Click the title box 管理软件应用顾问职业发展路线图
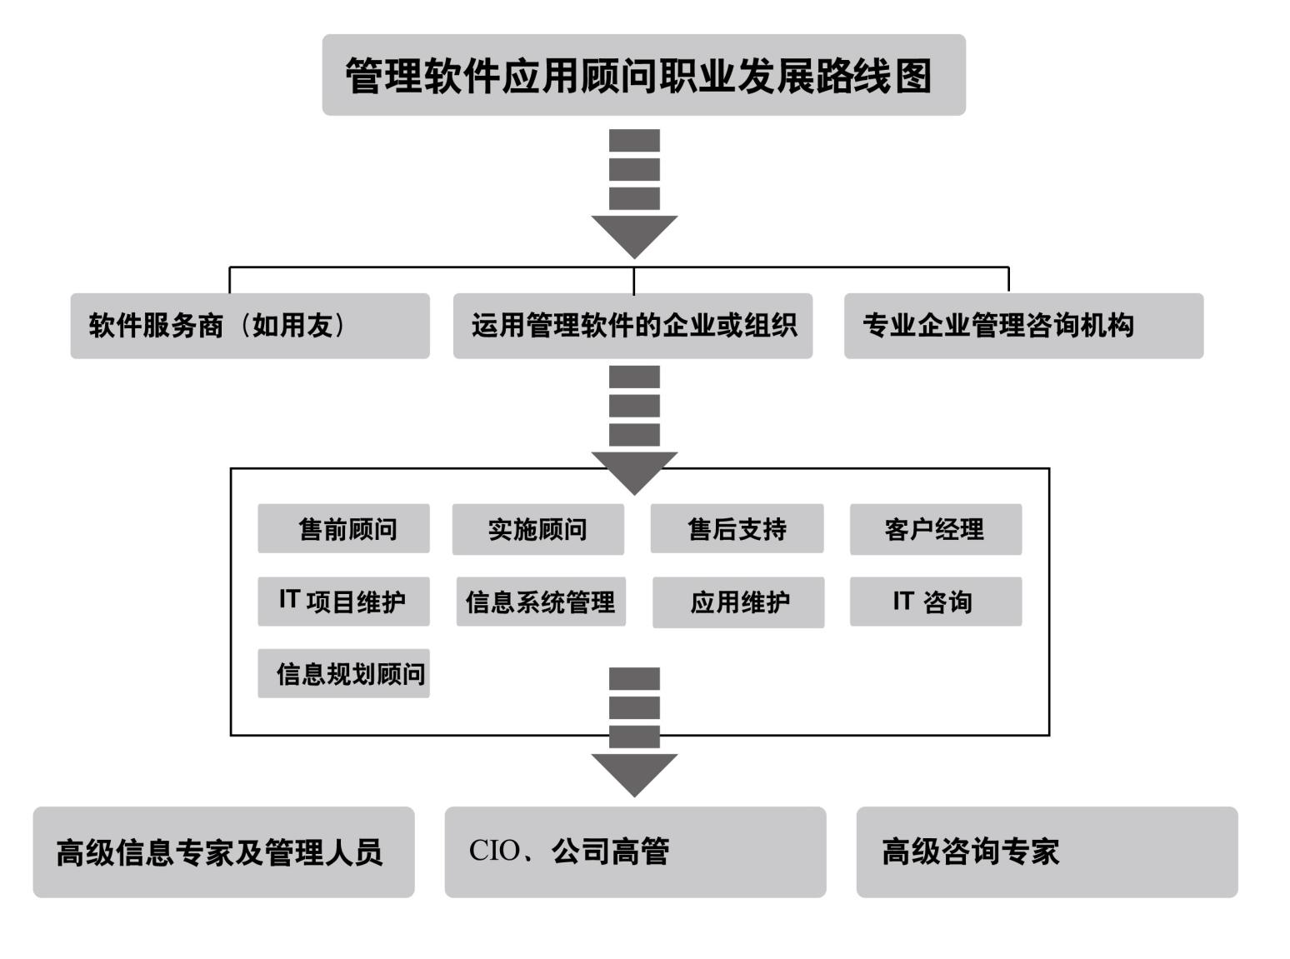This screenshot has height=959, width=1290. pos(643,75)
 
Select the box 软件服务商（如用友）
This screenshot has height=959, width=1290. pos(250,326)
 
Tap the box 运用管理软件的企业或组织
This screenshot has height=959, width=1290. pos(632,326)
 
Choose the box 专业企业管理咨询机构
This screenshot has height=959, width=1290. pos(1023,326)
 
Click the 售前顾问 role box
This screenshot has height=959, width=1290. pos(343,528)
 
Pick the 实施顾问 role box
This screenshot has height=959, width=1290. pos(537,529)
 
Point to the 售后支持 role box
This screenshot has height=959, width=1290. pos(737,528)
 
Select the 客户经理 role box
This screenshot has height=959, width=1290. pos(935,529)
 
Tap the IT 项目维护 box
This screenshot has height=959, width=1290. pos(343,602)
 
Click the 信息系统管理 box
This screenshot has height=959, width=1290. pos(540,602)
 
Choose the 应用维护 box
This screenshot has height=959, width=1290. pos(738,602)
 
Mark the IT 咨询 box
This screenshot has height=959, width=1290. pos(935,602)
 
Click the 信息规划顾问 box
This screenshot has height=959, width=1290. pos(343,673)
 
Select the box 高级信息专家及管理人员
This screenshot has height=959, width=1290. pos(223,852)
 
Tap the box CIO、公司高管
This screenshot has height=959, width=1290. pos(635,852)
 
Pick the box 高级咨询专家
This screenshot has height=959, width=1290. pos(1047,852)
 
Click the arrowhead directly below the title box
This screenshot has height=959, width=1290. pos(634,235)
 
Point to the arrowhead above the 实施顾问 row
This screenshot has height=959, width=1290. pos(634,472)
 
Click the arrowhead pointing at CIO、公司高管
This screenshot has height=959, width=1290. pos(634,773)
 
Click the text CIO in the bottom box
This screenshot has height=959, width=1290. pos(493,851)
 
